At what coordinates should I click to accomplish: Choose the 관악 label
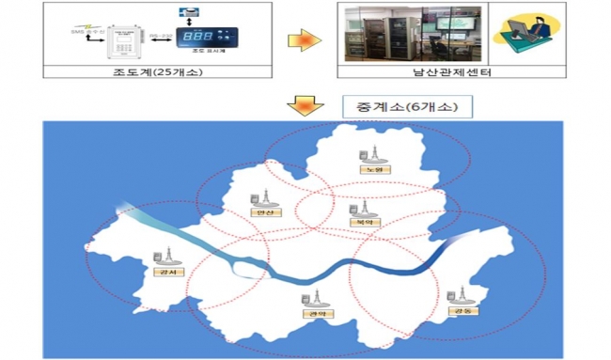point(311,315)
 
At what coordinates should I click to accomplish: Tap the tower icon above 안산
point(254,197)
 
